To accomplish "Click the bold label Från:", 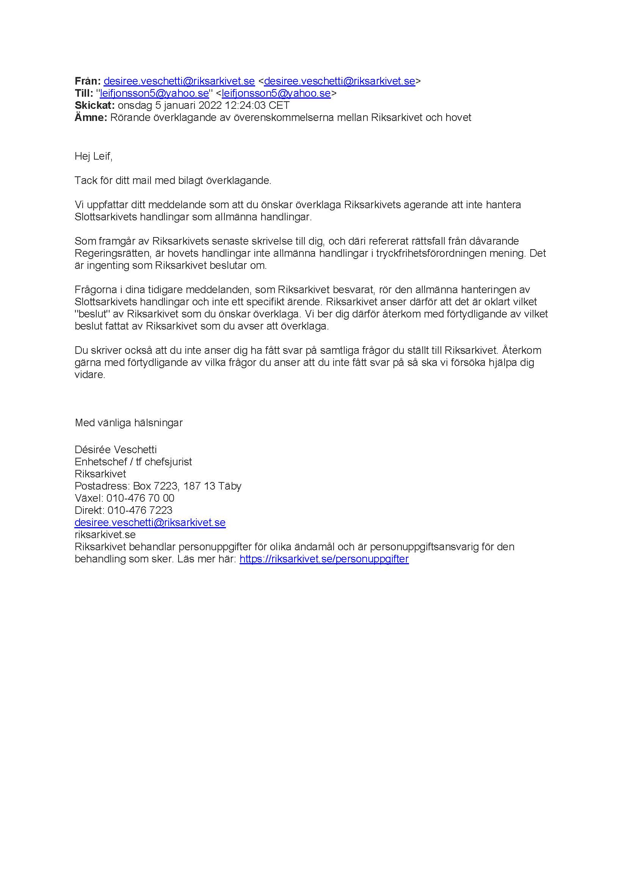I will tap(87, 81).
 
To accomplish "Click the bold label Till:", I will tap(84, 93).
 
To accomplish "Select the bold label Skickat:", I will tap(95, 105).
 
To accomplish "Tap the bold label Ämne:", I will tap(91, 118).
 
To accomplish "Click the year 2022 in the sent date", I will tap(210, 105).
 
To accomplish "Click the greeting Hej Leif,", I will tap(93, 157).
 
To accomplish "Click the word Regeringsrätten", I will tap(111, 253).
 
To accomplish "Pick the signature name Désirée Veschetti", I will tap(116, 450).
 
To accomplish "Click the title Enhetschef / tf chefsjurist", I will tap(133, 462).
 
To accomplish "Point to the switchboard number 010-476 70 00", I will tap(140, 498).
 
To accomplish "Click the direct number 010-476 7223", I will tap(140, 510).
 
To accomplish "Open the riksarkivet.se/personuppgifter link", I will tap(324, 559).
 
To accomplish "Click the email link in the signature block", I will tap(150, 522).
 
